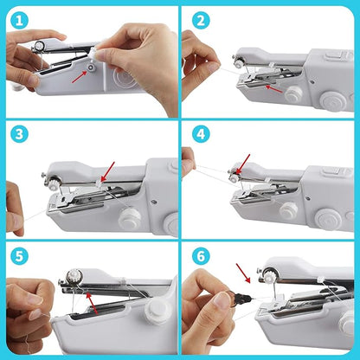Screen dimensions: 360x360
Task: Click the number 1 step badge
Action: [x=19, y=19]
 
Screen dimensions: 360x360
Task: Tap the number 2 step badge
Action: [x=202, y=19]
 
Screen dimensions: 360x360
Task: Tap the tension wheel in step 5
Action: [x=75, y=277]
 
